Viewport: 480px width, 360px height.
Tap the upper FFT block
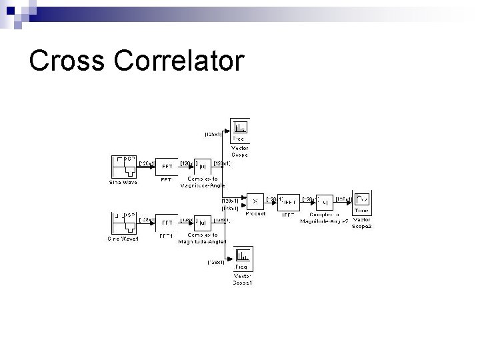pos(167,166)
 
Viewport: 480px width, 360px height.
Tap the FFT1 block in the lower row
pos(167,223)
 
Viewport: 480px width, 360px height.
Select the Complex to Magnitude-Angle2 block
pos(325,201)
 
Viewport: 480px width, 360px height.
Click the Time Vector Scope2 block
pos(362,201)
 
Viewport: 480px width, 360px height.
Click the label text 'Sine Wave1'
pos(123,239)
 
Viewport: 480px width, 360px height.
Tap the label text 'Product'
pos(255,213)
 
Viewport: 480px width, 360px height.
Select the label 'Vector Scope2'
pos(362,223)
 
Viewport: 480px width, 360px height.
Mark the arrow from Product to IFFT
pos(271,201)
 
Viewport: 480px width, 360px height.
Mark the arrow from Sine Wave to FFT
pos(146,167)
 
